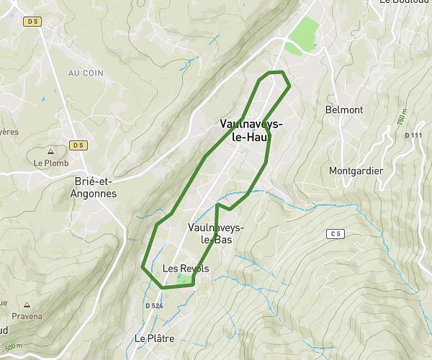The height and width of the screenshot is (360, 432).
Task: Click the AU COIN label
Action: [86, 73]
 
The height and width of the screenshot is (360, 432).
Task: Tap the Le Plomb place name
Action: [50, 163]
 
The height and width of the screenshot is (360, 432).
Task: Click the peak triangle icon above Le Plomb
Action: [50, 152]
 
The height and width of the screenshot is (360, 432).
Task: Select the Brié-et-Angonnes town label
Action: [95, 189]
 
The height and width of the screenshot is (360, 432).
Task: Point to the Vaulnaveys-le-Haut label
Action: [251, 130]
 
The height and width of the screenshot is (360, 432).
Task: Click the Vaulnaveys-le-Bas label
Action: [215, 233]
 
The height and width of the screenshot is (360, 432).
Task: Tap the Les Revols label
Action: [186, 269]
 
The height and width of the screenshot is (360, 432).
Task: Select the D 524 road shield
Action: [154, 306]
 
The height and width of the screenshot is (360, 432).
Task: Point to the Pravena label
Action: [27, 316]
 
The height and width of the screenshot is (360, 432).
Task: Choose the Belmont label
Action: [344, 110]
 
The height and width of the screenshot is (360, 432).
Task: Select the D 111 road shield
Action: [413, 135]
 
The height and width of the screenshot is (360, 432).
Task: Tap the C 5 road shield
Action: [334, 233]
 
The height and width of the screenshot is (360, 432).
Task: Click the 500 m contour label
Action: [14, 346]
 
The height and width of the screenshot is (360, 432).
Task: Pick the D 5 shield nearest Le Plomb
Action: [78, 145]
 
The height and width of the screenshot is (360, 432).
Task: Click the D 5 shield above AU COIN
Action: [32, 22]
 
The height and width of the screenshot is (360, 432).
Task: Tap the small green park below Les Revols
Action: [186, 279]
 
